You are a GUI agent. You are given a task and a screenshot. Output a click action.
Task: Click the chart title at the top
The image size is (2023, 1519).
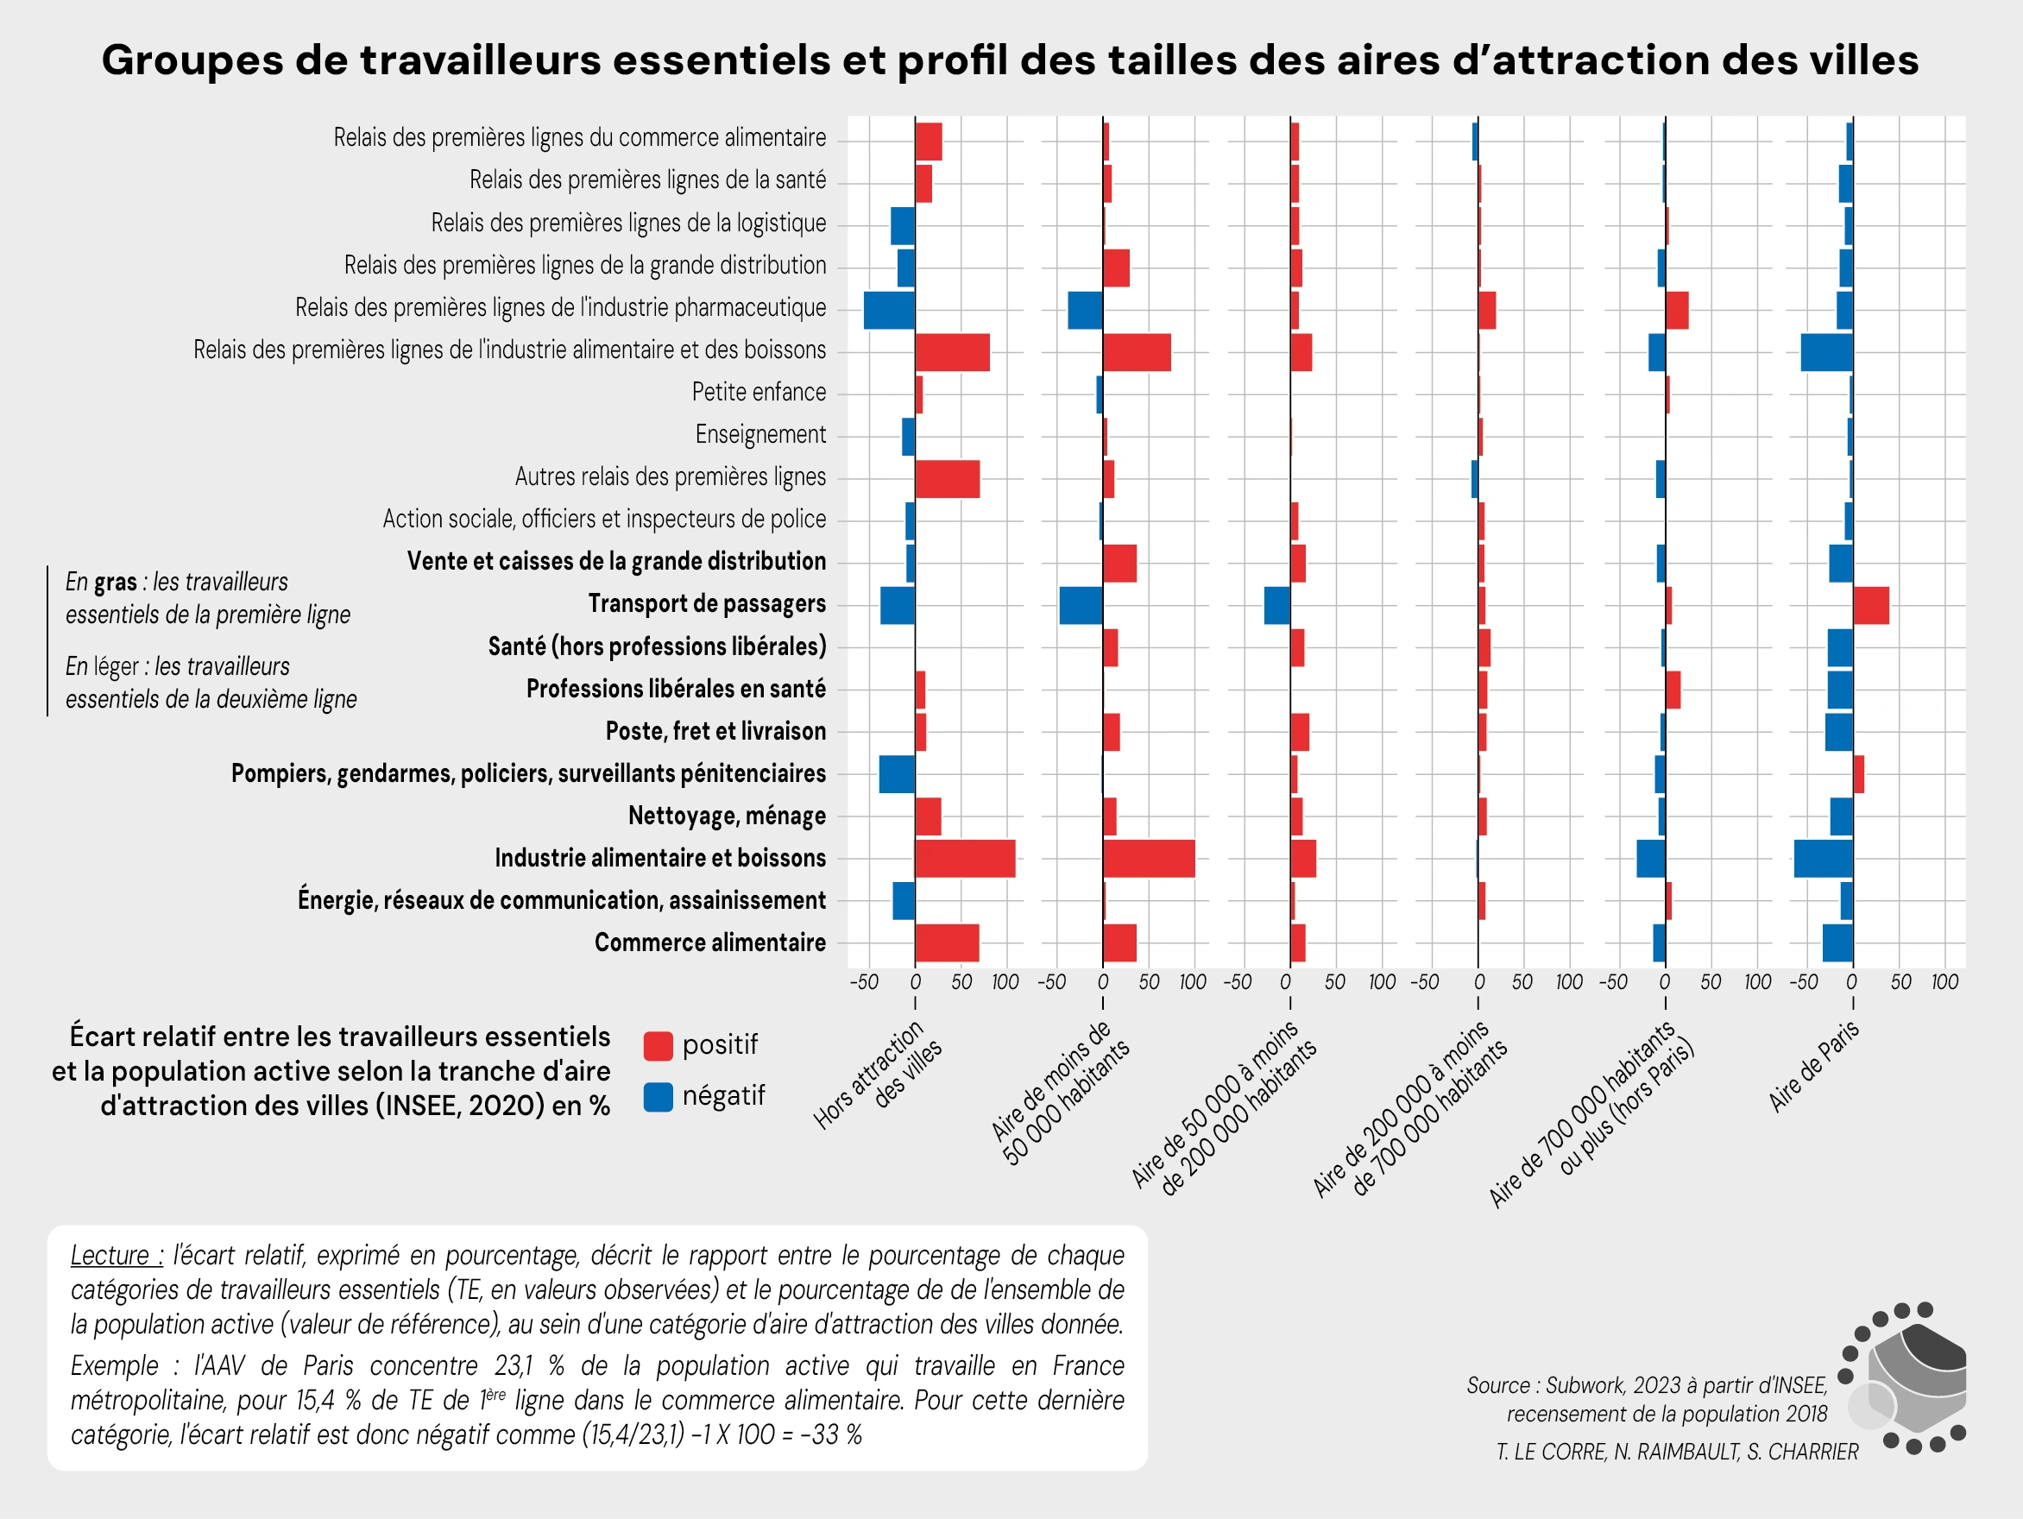point(1010,60)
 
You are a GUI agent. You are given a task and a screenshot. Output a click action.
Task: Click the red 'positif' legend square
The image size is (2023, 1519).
point(658,1045)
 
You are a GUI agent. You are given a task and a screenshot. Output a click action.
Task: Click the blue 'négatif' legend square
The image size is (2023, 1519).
point(658,1096)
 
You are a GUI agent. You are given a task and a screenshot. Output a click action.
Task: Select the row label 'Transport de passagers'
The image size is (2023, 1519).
point(706,603)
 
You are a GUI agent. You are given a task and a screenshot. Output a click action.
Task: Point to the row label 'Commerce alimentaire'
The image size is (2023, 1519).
point(709,942)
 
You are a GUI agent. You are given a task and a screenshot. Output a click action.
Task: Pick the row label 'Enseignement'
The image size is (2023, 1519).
point(760,434)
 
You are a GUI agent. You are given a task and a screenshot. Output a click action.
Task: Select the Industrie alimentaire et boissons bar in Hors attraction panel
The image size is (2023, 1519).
point(965,859)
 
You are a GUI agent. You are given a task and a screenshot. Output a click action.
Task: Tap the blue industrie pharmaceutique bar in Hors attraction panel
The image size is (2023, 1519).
point(889,310)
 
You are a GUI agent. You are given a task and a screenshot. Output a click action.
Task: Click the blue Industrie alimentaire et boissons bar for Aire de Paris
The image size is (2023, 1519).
point(1823,859)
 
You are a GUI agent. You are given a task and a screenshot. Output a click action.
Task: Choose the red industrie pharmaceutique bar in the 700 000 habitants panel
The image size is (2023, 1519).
point(1676,310)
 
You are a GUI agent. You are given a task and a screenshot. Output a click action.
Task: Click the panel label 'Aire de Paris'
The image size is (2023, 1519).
point(1812,1066)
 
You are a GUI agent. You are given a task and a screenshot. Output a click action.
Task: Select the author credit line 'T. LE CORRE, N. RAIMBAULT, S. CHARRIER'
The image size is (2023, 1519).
point(1676,1452)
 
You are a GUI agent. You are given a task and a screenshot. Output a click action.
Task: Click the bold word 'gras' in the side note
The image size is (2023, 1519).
point(116,582)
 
